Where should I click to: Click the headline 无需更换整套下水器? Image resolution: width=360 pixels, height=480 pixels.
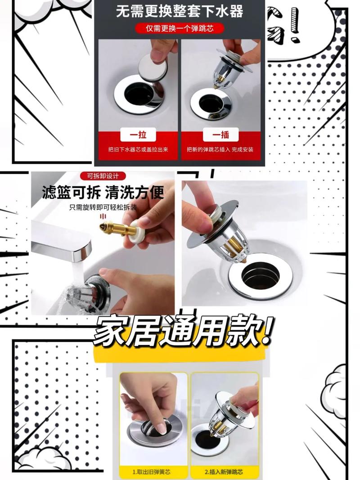(180, 11)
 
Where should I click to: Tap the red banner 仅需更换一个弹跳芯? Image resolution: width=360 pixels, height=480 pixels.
(180, 28)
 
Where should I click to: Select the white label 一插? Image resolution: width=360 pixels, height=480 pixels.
(220, 135)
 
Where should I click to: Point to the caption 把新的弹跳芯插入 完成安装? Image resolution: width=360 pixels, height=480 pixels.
(220, 149)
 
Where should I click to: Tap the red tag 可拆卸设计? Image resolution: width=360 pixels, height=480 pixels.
(103, 176)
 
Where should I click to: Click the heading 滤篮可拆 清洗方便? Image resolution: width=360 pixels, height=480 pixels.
(103, 193)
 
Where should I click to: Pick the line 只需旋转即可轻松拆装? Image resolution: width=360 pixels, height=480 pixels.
(103, 207)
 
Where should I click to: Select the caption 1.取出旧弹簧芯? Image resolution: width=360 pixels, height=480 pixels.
(152, 472)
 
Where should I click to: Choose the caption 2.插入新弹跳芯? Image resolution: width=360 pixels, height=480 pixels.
(224, 472)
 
